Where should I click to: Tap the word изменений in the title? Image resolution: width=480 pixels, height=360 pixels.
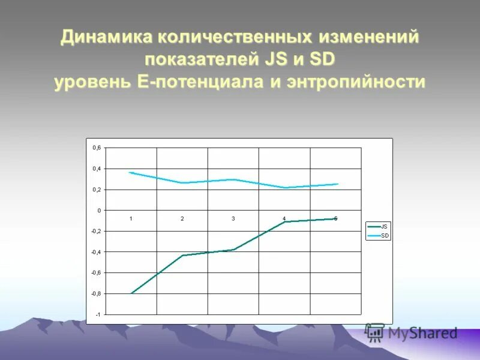[369, 37]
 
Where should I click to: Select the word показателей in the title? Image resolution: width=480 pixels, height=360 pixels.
[200, 59]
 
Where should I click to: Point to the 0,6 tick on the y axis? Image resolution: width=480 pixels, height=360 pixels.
[97, 148]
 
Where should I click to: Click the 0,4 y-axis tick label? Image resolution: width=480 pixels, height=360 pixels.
[97, 169]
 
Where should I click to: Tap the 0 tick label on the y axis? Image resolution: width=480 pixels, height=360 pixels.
[99, 211]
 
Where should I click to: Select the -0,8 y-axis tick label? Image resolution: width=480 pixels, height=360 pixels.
[96, 293]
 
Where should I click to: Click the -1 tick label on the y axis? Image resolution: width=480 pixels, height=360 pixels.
[98, 314]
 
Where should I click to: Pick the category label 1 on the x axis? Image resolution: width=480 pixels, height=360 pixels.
[131, 218]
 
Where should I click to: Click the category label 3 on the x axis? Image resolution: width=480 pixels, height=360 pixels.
[233, 218]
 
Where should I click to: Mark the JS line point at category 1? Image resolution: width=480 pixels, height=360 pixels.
[131, 293]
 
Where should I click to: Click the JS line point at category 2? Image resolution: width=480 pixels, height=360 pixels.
[182, 256]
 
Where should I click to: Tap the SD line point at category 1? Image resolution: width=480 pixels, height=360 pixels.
[131, 173]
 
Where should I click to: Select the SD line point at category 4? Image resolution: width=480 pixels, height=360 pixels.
[285, 188]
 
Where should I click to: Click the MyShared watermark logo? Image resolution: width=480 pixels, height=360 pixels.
[412, 333]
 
